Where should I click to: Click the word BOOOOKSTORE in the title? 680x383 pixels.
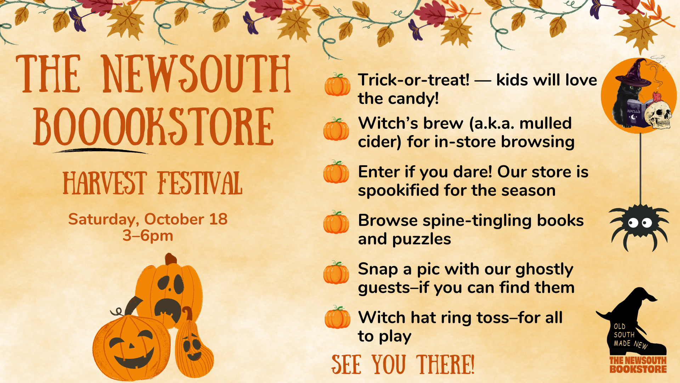pyautogui.click(x=154, y=127)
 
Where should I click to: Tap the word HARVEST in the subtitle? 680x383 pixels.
pyautogui.click(x=105, y=183)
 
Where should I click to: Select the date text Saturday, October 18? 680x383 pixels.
pyautogui.click(x=148, y=219)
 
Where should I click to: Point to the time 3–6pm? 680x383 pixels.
pyautogui.click(x=148, y=235)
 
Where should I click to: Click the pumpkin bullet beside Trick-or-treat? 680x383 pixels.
pyautogui.click(x=338, y=84)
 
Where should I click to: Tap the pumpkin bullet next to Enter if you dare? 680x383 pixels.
pyautogui.click(x=336, y=172)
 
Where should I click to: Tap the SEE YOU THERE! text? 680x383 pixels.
pyautogui.click(x=403, y=365)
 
